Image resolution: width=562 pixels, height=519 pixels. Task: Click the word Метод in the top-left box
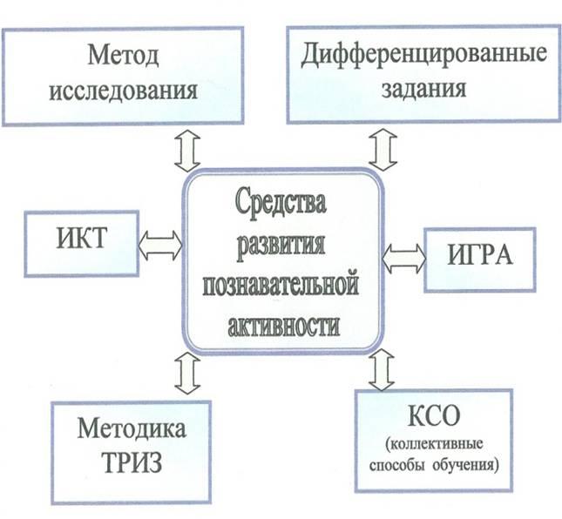pos(124,55)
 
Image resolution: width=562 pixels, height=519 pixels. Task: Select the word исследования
pos(124,91)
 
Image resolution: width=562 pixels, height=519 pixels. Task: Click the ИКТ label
pos(82,238)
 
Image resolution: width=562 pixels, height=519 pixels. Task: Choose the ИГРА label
pos(480,255)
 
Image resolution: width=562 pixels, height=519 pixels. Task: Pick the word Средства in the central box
pos(281,204)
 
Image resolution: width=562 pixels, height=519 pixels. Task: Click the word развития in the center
pos(281,245)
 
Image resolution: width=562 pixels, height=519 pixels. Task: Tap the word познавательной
pos(281,286)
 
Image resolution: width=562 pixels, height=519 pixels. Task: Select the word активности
pos(283,325)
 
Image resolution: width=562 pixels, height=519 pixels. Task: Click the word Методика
pos(132,428)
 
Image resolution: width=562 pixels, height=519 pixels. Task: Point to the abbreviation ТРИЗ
pos(132,462)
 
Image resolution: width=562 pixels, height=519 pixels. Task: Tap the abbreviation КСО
pos(434,416)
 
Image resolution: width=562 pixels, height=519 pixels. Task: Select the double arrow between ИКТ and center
pos(160,245)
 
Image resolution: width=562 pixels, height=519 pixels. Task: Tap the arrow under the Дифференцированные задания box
pos(383,150)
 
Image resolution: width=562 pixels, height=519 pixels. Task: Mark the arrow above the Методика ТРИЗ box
pos(187,373)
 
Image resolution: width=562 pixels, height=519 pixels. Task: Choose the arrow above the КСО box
pos(382,369)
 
